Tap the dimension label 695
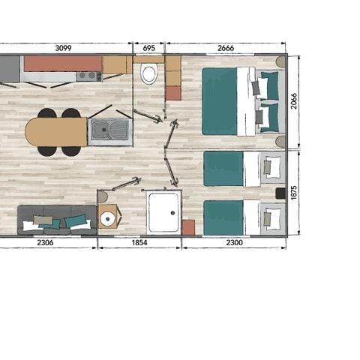coord(148,48)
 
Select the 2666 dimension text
coord(225,48)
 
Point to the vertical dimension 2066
coord(294,100)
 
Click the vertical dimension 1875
coord(294,192)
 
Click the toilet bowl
coord(149,74)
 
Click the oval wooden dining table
coord(56,132)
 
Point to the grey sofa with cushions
coord(56,219)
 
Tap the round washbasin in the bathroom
coord(108,218)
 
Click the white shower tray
coord(164,211)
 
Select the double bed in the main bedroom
coord(239,101)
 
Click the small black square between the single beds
coord(280,193)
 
